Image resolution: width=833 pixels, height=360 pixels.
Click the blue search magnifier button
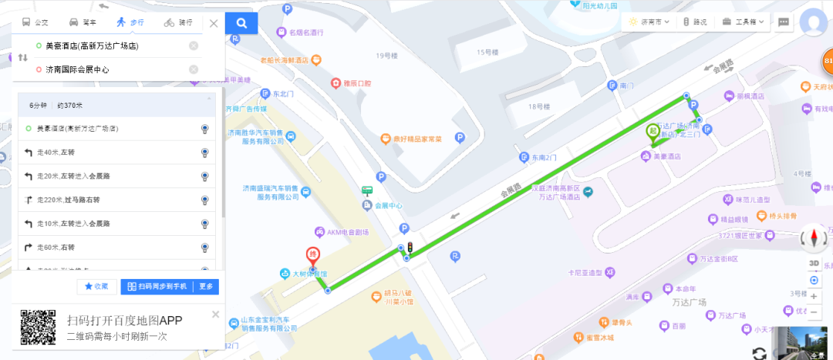point(242,23)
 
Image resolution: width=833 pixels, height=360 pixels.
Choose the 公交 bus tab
point(35,22)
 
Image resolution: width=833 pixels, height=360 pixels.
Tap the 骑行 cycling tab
point(179,22)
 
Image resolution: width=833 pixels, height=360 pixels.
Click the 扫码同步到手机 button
point(157,287)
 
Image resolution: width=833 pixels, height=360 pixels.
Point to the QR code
point(38,328)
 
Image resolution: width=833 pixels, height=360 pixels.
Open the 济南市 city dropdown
point(649,22)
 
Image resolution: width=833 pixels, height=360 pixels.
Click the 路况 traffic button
point(694,22)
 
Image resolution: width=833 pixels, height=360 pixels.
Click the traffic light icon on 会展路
point(411,247)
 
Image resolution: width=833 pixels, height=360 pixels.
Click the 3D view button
point(814,264)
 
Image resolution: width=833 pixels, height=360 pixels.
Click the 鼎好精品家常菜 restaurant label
point(415,139)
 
